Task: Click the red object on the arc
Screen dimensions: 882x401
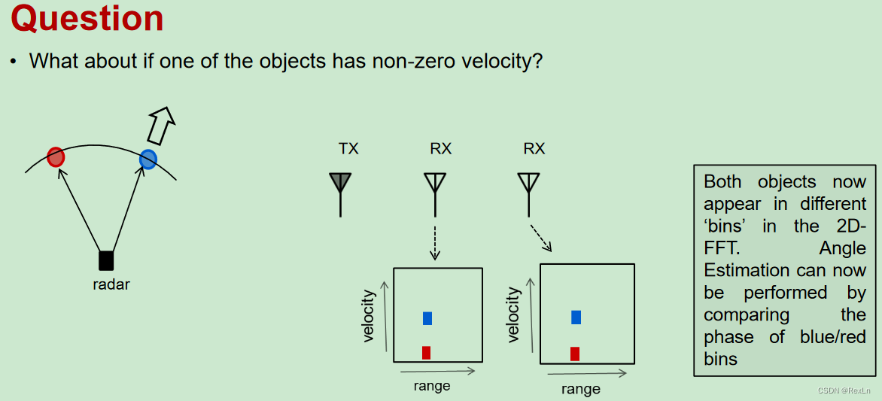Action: pos(56,157)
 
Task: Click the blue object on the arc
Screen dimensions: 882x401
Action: pos(148,159)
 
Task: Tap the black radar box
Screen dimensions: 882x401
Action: pos(106,260)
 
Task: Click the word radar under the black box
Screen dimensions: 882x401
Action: pos(111,284)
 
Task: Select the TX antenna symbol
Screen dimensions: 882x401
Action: pos(340,184)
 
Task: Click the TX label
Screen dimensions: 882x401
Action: pos(348,148)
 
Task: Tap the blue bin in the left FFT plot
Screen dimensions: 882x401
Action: pos(427,318)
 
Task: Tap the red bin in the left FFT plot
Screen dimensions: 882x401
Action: pos(426,352)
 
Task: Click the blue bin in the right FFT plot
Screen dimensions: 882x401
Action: pos(576,317)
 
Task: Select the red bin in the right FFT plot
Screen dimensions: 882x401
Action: pos(575,354)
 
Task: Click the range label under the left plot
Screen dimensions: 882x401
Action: pos(432,386)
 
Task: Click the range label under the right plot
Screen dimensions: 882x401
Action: pos(581,389)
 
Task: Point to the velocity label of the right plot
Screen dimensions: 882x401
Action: pos(514,314)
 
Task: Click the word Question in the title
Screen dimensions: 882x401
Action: pos(87,19)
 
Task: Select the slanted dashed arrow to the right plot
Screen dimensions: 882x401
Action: pos(542,237)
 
